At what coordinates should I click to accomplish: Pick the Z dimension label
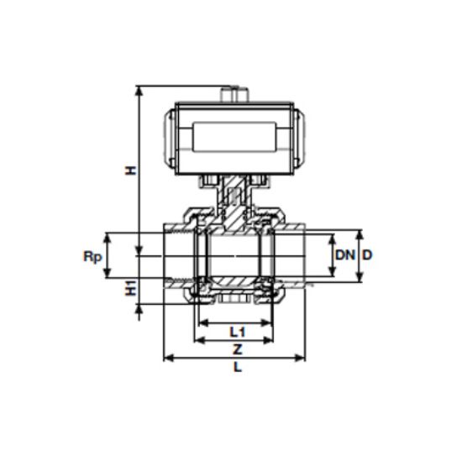coord(236,347)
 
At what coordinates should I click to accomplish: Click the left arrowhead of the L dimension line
coord(165,358)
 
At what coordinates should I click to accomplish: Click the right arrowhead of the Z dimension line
coord(286,341)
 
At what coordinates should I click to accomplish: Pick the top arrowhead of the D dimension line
coord(360,233)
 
